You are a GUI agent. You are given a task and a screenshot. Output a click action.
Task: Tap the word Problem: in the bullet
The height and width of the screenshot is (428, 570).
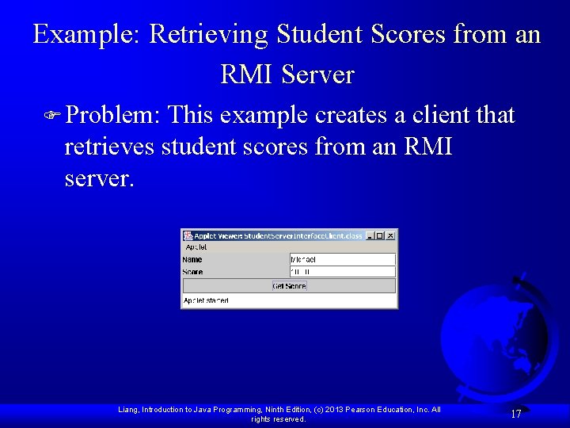113,116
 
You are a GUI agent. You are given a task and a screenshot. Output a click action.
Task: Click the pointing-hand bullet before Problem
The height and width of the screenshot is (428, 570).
53,117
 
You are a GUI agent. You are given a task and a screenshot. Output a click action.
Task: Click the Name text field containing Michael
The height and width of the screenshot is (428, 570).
343,259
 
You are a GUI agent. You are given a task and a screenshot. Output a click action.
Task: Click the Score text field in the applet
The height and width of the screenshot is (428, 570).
343,272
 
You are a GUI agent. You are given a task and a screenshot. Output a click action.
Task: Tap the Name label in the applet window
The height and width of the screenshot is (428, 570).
192,259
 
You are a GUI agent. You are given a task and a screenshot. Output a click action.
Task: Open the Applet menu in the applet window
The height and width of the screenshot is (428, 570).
196,247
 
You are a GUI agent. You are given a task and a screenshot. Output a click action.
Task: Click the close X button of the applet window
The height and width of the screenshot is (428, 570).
391,235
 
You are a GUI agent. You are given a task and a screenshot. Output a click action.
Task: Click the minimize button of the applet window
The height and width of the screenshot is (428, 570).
370,235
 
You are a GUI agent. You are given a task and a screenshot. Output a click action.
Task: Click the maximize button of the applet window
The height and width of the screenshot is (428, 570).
381,235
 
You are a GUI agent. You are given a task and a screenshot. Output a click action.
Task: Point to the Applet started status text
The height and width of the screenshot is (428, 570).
206,301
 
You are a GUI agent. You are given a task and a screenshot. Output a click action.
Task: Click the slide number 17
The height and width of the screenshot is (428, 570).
515,414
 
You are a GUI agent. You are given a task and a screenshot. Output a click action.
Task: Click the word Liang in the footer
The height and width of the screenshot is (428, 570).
127,410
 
